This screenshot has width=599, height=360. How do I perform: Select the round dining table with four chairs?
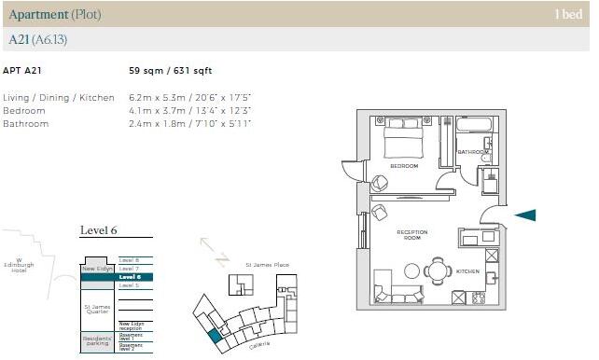[438, 270]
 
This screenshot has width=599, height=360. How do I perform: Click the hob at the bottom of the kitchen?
[478, 298]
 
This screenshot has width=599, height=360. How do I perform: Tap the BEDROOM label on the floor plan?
[404, 166]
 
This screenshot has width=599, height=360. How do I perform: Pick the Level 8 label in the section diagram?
[129, 259]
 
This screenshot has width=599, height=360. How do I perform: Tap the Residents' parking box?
[96, 342]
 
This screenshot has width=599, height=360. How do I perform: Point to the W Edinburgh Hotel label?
[18, 266]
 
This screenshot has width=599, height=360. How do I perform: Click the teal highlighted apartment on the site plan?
[216, 337]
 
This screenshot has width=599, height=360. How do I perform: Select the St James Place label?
[268, 265]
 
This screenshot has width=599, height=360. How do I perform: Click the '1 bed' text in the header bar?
[568, 14]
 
